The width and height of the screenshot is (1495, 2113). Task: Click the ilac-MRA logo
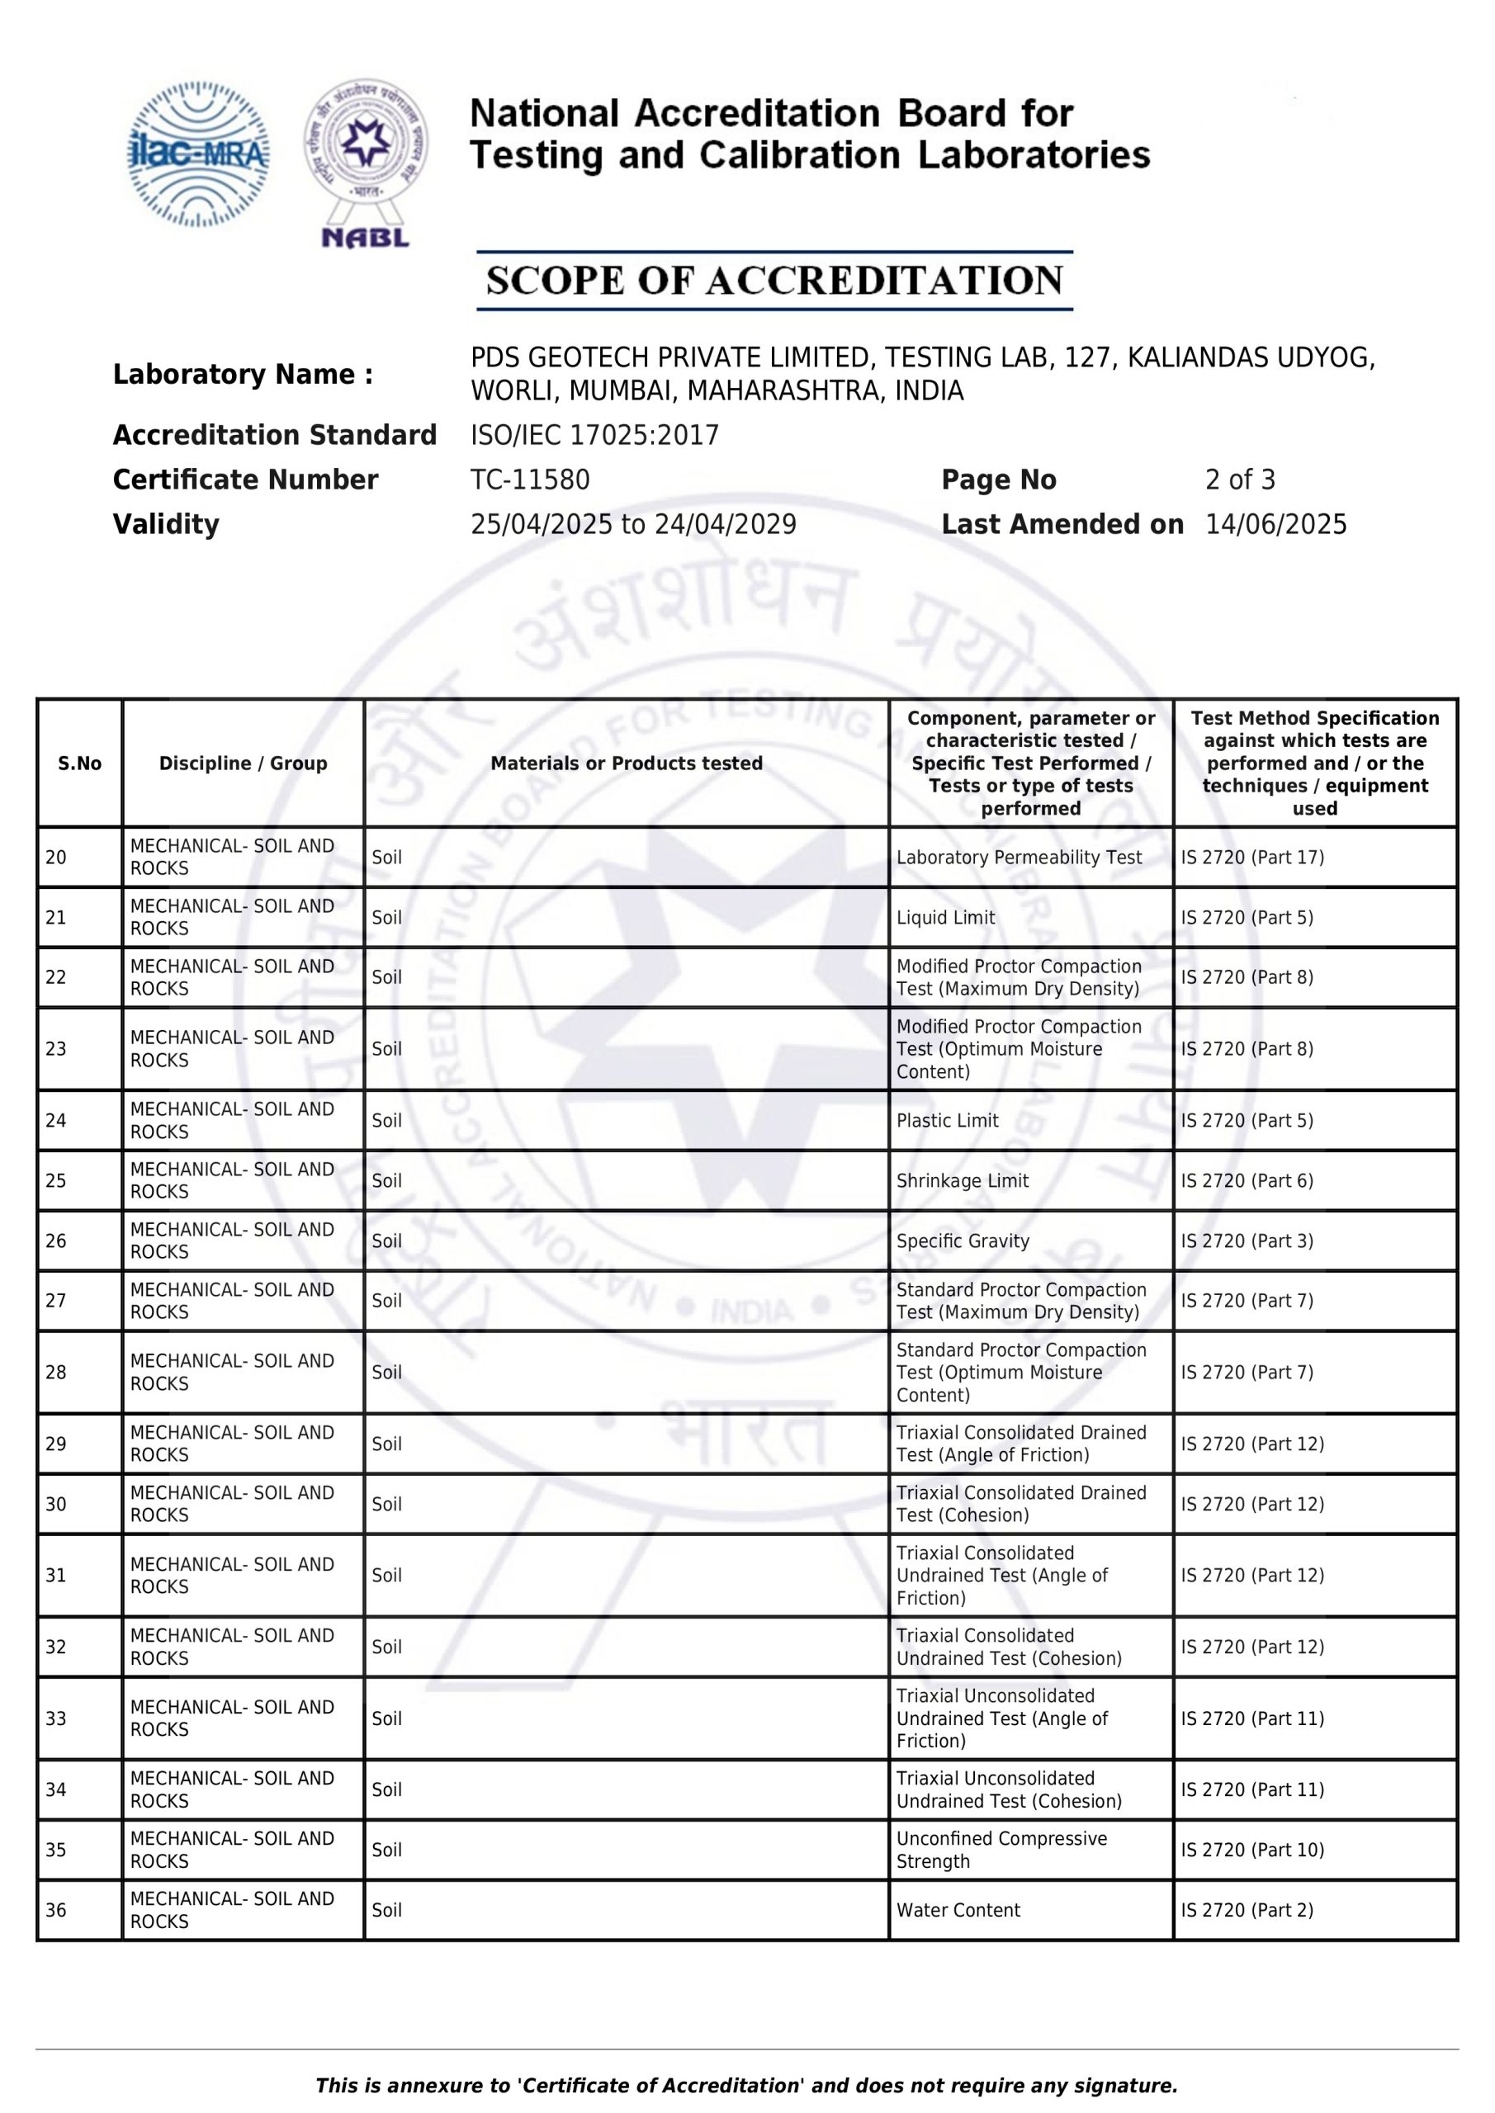click(198, 154)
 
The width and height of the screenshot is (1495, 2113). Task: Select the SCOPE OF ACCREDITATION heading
click(774, 281)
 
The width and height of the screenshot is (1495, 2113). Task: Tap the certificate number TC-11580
click(530, 480)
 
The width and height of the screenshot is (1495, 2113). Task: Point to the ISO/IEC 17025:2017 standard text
click(594, 435)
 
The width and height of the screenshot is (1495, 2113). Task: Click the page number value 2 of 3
click(1240, 480)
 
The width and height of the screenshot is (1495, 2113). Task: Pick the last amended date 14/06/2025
click(1276, 525)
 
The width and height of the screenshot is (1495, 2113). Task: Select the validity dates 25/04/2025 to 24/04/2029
click(633, 525)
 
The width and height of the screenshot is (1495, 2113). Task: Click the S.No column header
click(80, 763)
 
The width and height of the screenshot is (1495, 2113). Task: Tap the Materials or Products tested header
click(626, 763)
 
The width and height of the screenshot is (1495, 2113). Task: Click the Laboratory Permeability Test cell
click(1019, 858)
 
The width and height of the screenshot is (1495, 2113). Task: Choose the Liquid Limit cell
click(945, 918)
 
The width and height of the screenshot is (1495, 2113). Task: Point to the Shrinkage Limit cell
click(962, 1181)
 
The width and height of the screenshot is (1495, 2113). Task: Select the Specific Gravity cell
click(963, 1241)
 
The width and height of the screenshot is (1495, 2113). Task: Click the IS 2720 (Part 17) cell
click(1252, 858)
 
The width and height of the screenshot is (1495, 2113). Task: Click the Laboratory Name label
click(243, 375)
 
